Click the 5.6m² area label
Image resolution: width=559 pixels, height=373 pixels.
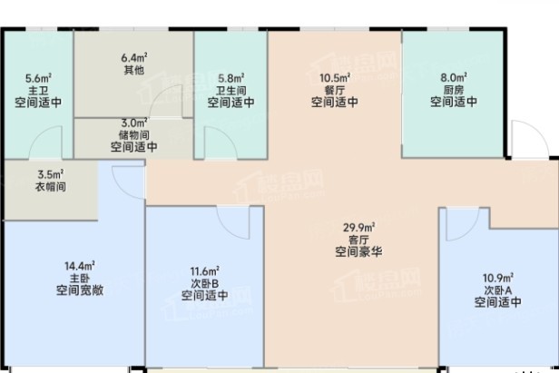tap(38, 78)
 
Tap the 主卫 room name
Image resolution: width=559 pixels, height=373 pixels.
tap(38, 91)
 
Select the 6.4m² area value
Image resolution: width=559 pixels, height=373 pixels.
tap(134, 57)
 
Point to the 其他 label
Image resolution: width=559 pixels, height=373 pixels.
tap(134, 70)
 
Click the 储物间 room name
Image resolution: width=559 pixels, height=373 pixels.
tap(134, 135)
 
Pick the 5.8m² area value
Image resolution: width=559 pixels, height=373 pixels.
tap(231, 78)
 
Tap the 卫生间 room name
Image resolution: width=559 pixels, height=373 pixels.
tap(231, 91)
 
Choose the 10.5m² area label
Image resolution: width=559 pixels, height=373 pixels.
tap(335, 78)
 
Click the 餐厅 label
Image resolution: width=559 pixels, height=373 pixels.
tap(335, 90)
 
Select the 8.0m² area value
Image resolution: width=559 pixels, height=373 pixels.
tap(454, 77)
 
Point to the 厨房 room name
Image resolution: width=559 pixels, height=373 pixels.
tap(454, 90)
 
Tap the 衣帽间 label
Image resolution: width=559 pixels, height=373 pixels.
tap(51, 187)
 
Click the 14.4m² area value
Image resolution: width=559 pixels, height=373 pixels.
tap(80, 266)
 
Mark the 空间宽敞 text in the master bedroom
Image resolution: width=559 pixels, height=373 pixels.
tap(80, 290)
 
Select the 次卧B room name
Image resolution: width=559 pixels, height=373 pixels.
tap(205, 284)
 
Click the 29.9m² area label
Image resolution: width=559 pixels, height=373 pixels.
tap(358, 227)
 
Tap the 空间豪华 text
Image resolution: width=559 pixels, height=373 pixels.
tap(358, 251)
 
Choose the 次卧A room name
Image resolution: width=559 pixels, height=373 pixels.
tap(497, 290)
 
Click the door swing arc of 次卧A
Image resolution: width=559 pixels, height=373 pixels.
tap(470, 231)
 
